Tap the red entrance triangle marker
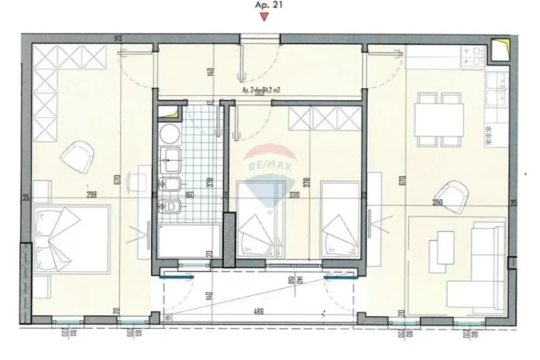click(265, 18)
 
